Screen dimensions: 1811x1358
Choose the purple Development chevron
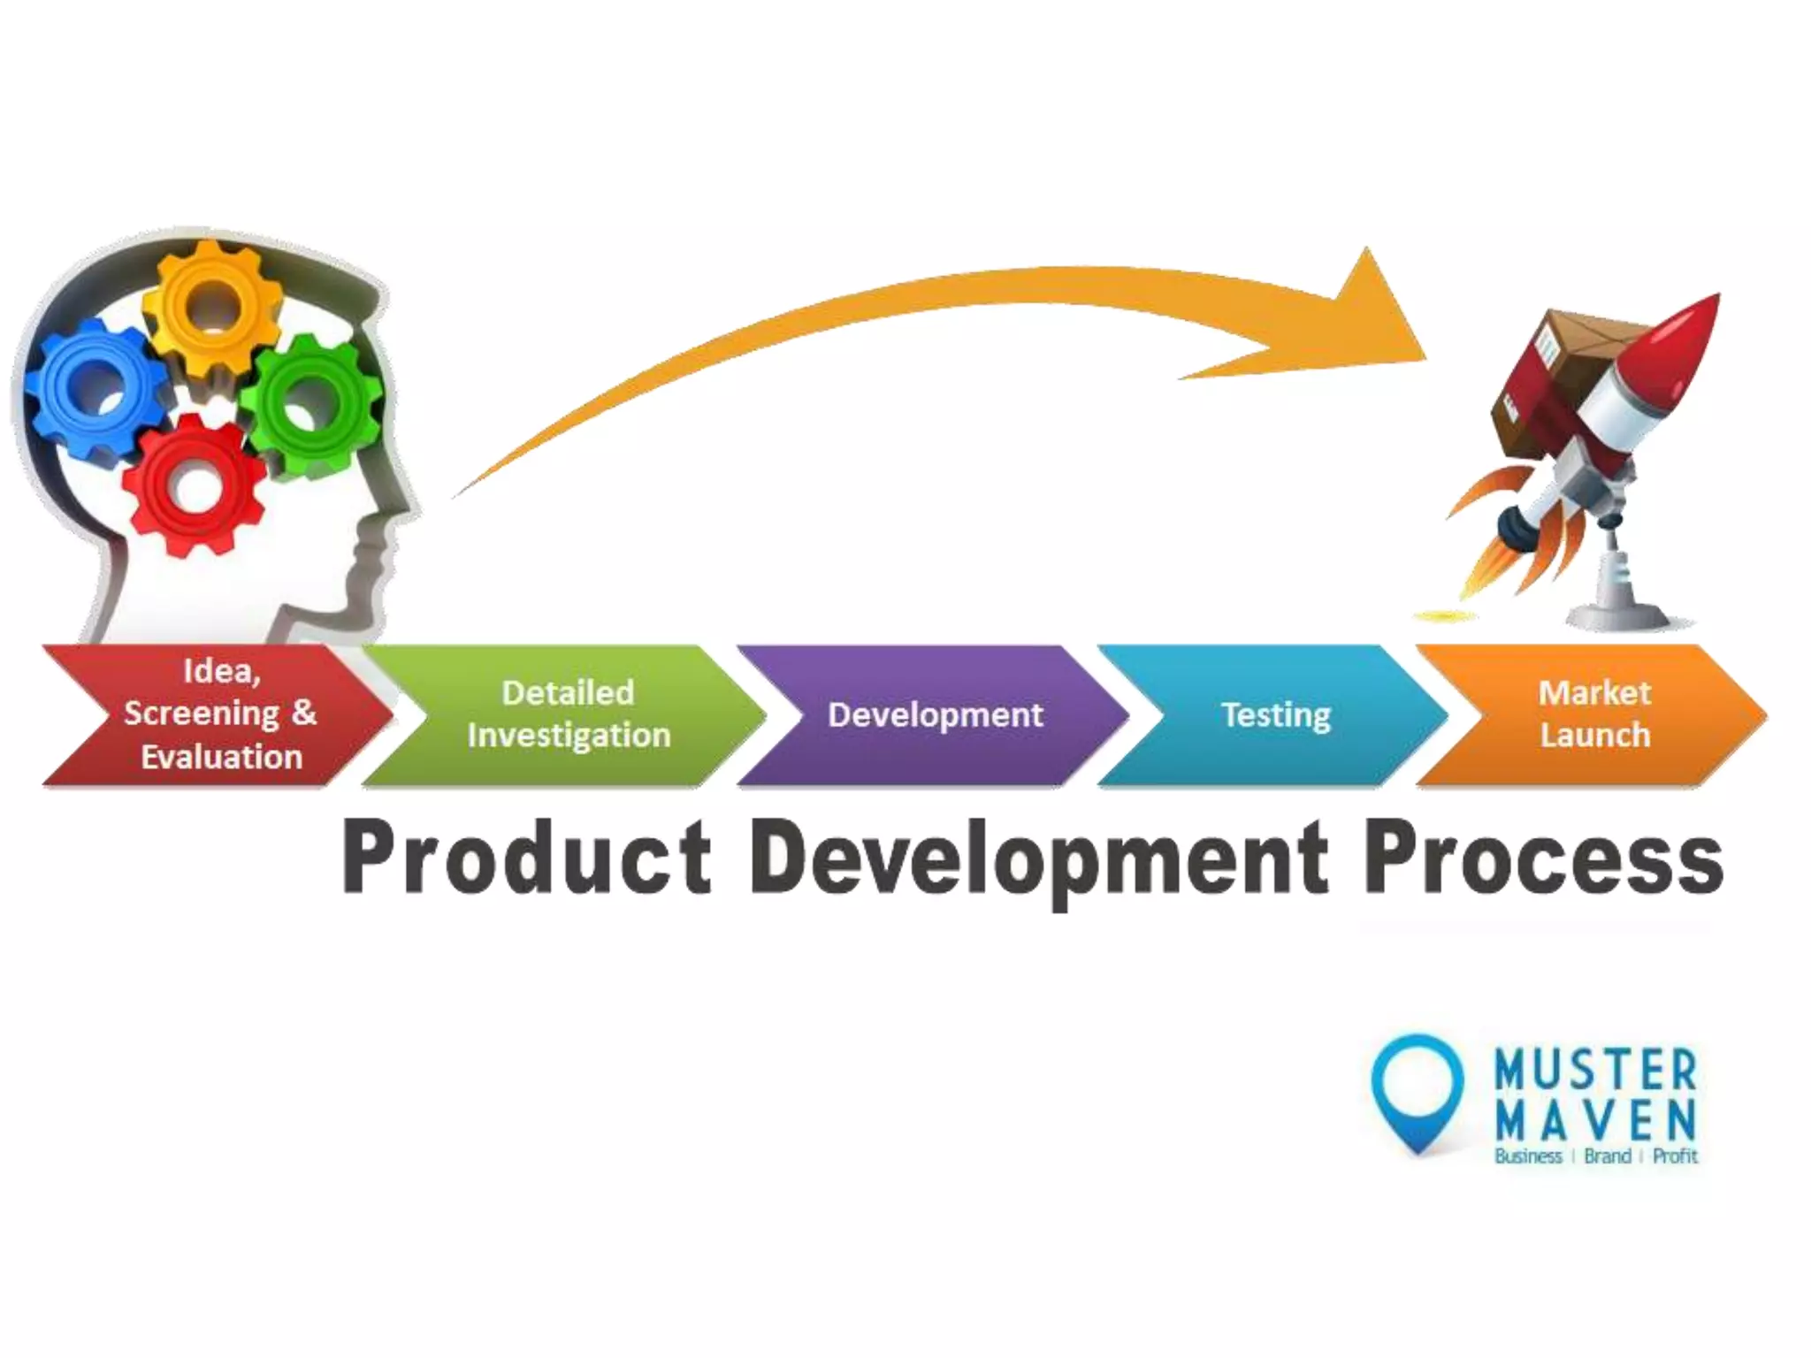(x=934, y=714)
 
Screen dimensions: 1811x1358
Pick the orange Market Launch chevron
(x=1593, y=714)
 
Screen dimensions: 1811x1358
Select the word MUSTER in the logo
(x=1595, y=1070)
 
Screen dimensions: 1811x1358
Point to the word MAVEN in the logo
(x=1595, y=1119)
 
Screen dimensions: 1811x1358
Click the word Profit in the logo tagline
(x=1675, y=1156)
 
